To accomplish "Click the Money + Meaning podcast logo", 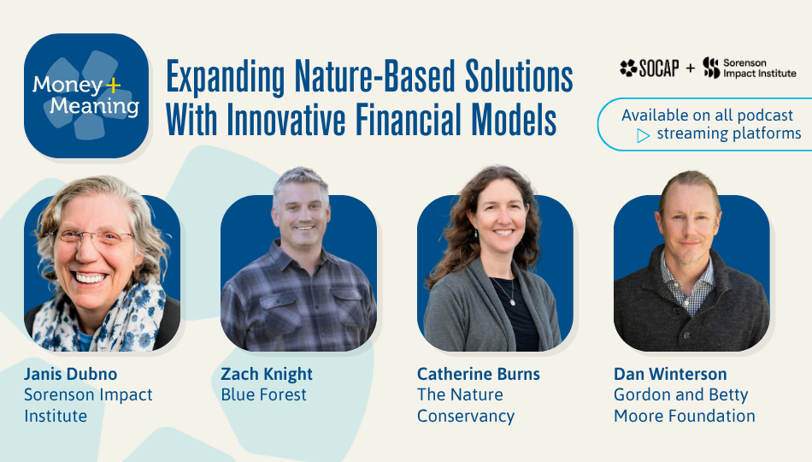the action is [86, 96].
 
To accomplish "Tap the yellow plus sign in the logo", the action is [113, 85].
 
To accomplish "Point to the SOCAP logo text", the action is [650, 68].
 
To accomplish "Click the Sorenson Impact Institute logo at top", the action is [750, 68].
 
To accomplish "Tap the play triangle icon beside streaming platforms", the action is [643, 135].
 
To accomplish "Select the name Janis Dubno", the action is [70, 375].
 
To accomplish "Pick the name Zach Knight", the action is [267, 375].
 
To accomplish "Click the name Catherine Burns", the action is [479, 375].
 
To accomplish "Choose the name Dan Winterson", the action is [670, 375].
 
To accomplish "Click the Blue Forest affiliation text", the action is [263, 395].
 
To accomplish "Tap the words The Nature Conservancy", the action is [466, 406].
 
